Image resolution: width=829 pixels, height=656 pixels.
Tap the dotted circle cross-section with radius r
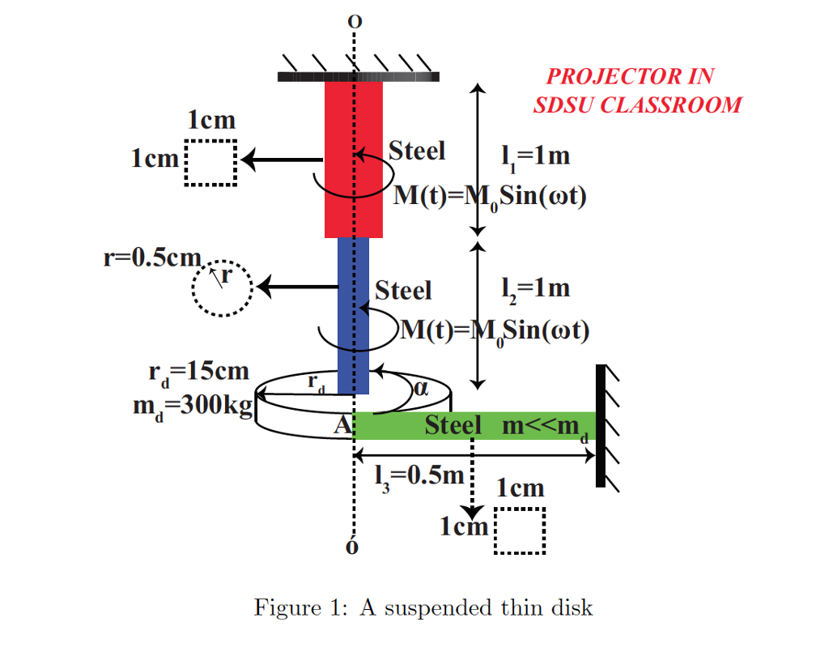coord(223,288)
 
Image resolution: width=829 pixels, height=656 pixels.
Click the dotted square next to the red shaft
coord(211,163)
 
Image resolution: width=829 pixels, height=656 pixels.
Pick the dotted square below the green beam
coord(519,531)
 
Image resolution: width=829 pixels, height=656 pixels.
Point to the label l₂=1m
coord(535,288)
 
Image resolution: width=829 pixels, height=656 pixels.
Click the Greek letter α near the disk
coord(420,388)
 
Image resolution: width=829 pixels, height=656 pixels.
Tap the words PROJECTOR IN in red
coord(630,77)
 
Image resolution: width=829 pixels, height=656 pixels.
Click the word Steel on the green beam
coord(453,425)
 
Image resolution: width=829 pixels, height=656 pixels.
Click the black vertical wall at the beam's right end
coord(600,426)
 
